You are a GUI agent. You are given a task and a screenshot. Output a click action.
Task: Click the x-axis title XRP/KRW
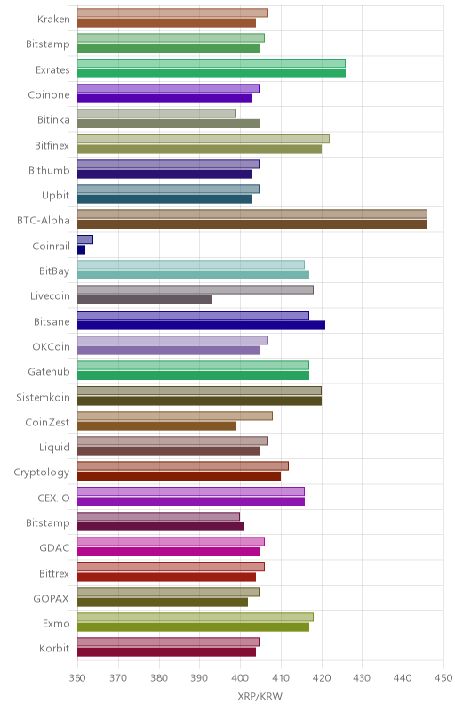tap(259, 696)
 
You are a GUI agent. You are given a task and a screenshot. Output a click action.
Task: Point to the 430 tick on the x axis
tap(362, 678)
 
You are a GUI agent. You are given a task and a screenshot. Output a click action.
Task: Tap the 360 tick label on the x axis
tap(77, 678)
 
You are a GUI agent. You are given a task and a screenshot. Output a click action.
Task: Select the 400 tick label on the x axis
tap(240, 678)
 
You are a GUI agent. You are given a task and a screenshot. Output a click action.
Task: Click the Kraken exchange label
tap(53, 19)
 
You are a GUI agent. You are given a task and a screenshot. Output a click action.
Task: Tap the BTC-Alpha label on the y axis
tap(44, 220)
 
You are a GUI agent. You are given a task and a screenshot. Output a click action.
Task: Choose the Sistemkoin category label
tap(43, 397)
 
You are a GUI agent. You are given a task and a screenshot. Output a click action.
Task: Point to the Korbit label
tap(54, 648)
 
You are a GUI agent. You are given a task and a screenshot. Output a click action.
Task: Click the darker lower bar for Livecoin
tap(144, 300)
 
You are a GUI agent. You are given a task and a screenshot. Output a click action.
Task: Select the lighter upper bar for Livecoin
tap(196, 290)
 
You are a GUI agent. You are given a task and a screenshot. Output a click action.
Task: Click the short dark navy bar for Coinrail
tap(81, 249)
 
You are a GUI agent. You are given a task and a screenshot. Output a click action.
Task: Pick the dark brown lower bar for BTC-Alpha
tap(252, 224)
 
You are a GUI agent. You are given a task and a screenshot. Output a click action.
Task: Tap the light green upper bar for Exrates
tap(212, 63)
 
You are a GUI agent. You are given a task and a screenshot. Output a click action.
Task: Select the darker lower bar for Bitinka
tap(169, 124)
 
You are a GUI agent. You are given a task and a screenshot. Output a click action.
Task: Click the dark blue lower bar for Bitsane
tap(201, 325)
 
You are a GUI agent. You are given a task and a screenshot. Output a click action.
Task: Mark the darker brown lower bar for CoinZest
tap(156, 426)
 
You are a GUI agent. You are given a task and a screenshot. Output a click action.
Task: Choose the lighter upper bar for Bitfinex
tap(204, 139)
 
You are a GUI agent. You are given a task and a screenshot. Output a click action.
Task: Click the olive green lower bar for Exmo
tap(193, 627)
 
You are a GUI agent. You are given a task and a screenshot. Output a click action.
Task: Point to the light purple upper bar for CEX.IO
tap(191, 491)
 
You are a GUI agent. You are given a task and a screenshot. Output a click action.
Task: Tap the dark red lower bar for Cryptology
tap(179, 476)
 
